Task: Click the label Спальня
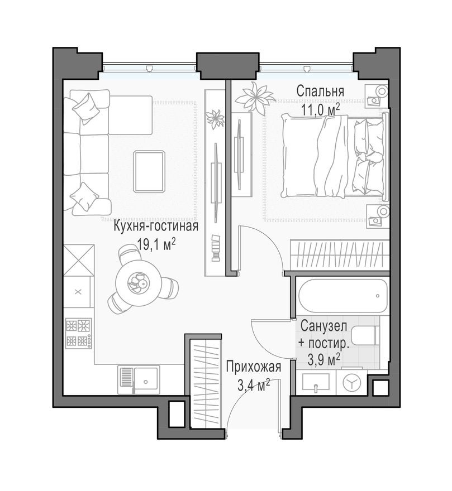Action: pyautogui.click(x=320, y=91)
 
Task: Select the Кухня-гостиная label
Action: pyautogui.click(x=156, y=227)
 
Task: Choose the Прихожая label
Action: pyautogui.click(x=253, y=367)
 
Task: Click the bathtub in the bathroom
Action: pyautogui.click(x=342, y=296)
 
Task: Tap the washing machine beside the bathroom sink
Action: pyautogui.click(x=351, y=383)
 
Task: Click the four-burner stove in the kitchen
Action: pyautogui.click(x=78, y=333)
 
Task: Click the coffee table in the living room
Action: pyautogui.click(x=149, y=171)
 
